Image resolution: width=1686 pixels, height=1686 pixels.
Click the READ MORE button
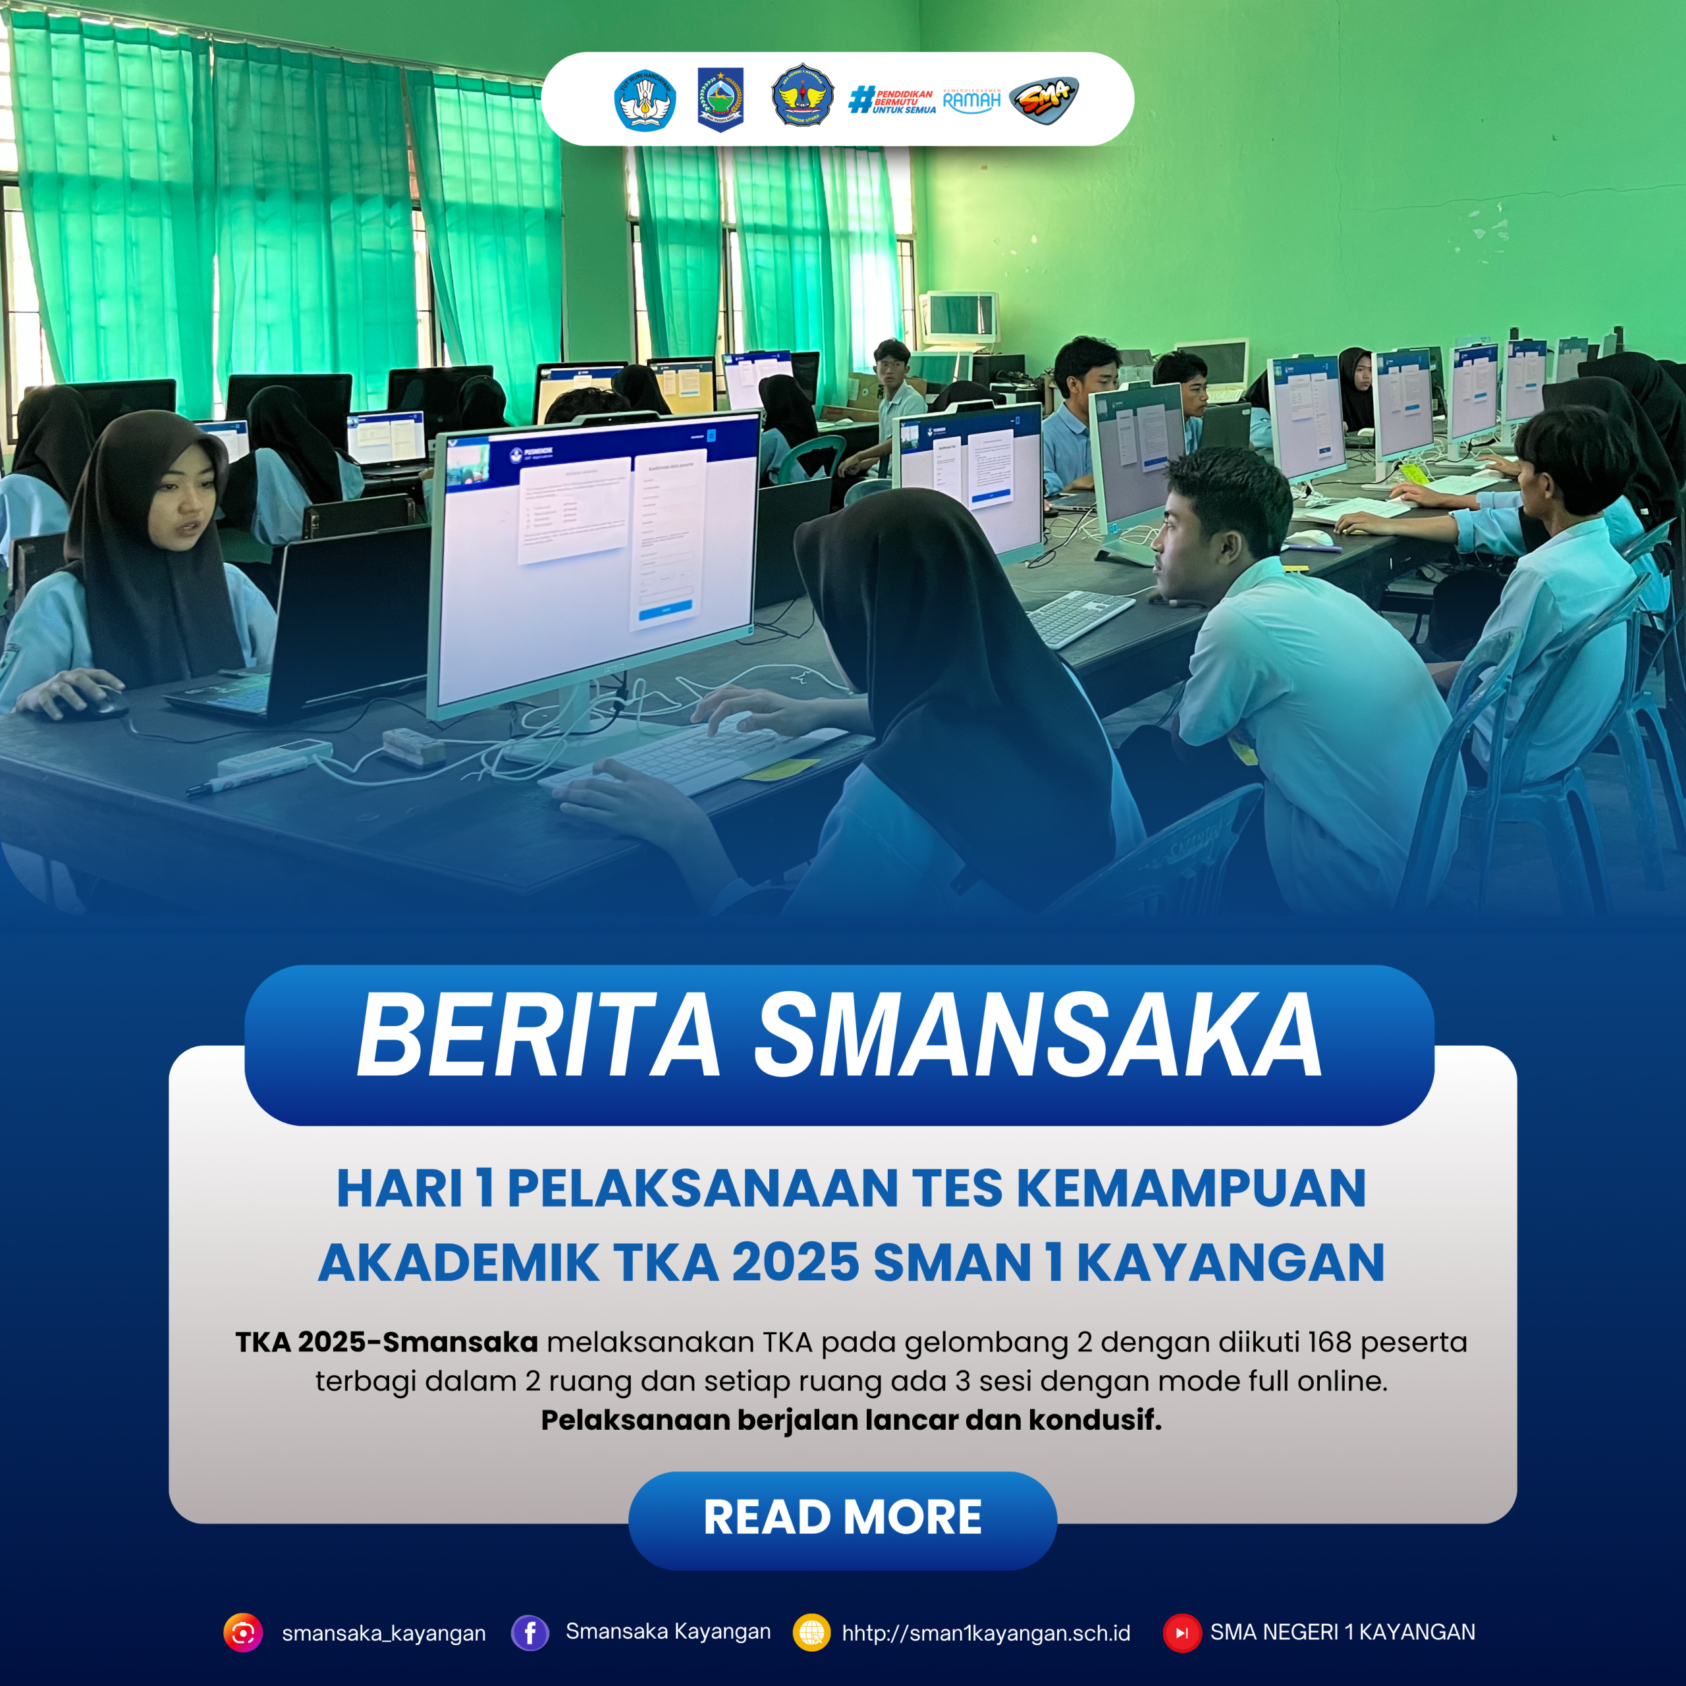(842, 1517)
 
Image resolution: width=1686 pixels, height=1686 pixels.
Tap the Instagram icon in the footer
(242, 1633)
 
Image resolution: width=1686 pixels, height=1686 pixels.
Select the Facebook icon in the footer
(530, 1633)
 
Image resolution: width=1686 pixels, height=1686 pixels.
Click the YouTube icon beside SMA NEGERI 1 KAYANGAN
(1182, 1633)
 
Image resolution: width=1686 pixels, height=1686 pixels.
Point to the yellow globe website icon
(811, 1633)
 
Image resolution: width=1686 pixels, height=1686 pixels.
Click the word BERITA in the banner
(537, 1037)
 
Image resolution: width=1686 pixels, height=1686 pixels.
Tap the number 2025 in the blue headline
(795, 1263)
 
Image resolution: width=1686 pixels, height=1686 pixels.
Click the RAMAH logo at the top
(971, 100)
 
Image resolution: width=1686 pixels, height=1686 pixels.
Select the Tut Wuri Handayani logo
(645, 100)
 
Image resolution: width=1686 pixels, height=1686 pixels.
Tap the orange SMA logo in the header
(1044, 99)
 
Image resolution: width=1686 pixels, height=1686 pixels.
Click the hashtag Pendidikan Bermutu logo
(892, 100)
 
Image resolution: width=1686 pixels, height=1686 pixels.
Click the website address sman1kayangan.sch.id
(986, 1633)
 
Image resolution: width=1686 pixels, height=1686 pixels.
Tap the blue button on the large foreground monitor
(665, 614)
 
